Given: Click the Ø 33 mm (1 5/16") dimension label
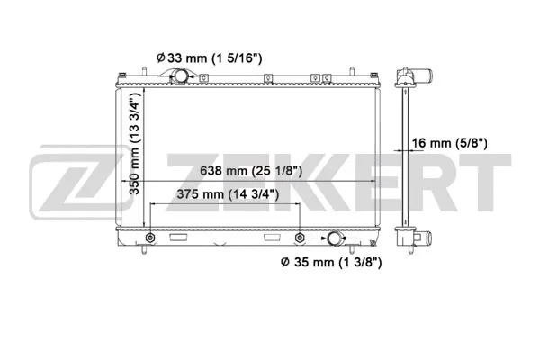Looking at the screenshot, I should (x=208, y=58).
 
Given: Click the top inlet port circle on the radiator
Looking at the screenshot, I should (x=179, y=78).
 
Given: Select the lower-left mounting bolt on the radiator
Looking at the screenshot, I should (x=148, y=238).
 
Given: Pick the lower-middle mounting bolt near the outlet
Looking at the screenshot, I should (x=298, y=238).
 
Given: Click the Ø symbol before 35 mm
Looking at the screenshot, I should (x=285, y=263).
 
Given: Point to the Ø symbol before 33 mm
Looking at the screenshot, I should (x=160, y=58).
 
